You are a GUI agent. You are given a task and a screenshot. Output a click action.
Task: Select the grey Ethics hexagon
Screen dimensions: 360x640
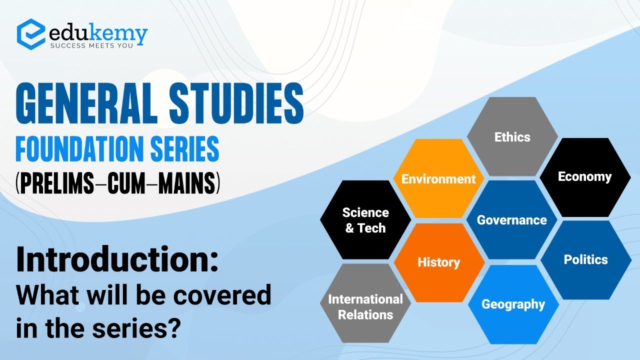[x=512, y=136]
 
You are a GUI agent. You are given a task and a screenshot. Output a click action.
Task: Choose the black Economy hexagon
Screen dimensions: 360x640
[x=585, y=177]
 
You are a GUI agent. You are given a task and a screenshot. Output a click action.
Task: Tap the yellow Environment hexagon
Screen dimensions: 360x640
[x=438, y=178]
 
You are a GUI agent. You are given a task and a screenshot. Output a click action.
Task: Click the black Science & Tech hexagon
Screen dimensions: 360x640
[x=365, y=220]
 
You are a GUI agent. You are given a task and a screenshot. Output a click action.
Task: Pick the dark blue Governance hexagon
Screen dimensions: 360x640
[x=512, y=220]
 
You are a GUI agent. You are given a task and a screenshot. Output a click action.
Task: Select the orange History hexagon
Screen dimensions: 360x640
[x=438, y=262]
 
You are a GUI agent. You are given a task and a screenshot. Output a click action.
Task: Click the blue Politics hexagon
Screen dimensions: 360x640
[x=585, y=259]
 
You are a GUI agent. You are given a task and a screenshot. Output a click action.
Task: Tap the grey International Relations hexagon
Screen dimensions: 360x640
[x=365, y=306]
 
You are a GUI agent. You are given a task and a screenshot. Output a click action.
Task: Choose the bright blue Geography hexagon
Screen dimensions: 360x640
[x=513, y=304]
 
